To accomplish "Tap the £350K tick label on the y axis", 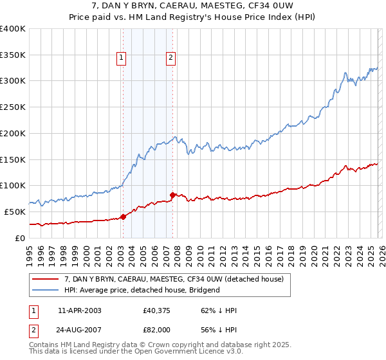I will click(x=13, y=55).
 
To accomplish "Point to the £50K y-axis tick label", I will click(x=15, y=212).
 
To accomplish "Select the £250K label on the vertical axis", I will click(x=13, y=107).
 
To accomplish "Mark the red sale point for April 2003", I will click(x=123, y=217).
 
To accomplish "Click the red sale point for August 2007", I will click(x=172, y=195).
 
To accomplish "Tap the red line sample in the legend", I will click(x=46, y=279).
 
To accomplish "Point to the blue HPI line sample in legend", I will click(x=46, y=290).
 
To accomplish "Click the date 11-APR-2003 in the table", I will click(x=79, y=310).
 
